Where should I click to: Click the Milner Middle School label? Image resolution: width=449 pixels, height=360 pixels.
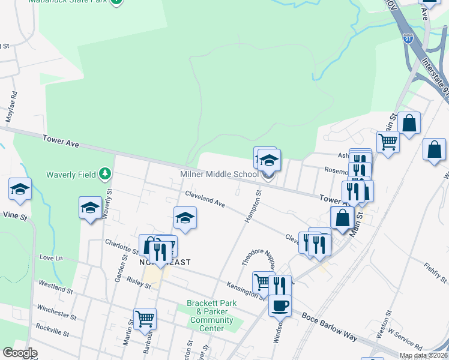coord(219,175)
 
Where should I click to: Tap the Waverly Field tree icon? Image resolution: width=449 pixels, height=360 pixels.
coord(106,174)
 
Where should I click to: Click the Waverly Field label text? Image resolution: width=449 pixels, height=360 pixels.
coord(71,175)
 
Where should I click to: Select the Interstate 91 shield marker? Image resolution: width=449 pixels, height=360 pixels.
coord(408,38)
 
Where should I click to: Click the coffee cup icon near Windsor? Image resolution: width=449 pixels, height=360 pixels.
coord(279,305)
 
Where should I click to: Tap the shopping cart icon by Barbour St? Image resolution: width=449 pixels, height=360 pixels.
coord(145,318)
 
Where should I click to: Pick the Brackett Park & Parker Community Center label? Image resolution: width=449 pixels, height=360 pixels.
coord(211,316)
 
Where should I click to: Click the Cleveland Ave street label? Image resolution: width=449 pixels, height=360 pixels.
coord(205,200)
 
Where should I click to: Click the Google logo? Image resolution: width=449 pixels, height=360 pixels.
coord(20,353)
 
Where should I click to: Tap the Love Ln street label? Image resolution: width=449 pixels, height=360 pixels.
coord(50,257)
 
